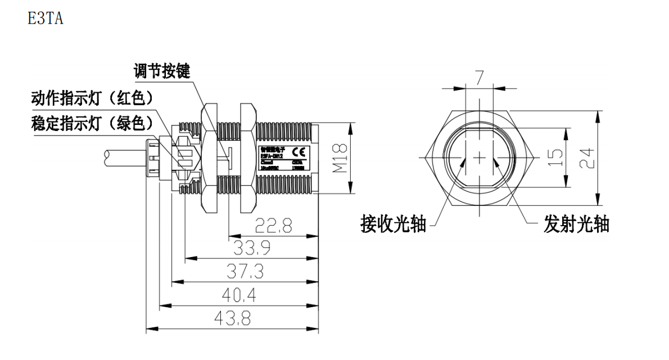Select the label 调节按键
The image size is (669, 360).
point(161,72)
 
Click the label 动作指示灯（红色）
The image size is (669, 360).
point(92,99)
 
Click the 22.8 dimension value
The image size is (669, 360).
point(273,226)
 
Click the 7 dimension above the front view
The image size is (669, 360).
point(479,78)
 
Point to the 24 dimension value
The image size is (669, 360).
point(586,159)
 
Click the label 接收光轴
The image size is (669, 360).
point(393,225)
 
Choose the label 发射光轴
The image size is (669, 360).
point(576,225)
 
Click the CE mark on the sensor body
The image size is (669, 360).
point(301,151)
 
